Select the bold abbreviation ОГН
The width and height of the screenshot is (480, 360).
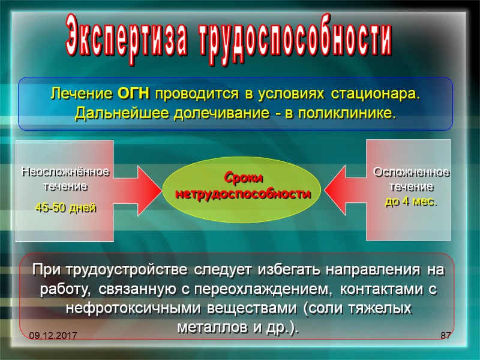133,95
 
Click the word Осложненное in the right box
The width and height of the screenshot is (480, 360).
411,172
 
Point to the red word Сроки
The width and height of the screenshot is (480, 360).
243,178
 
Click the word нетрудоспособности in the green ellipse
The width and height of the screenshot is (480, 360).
243,194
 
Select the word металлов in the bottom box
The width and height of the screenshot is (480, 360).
206,329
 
